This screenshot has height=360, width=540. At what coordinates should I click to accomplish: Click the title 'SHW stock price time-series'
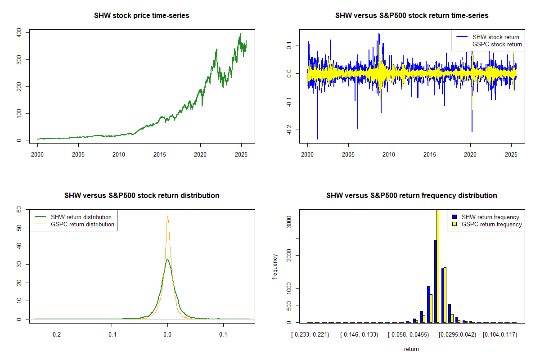142,16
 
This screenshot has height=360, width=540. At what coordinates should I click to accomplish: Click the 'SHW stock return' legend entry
495,37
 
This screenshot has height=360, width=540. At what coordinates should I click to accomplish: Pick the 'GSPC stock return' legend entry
497,44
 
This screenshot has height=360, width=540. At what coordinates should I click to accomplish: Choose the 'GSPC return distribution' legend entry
82,224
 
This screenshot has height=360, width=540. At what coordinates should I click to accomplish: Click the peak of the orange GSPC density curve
167,216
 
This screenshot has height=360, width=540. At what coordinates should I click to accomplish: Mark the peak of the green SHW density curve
167,259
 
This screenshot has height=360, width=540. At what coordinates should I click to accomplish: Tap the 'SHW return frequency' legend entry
490,217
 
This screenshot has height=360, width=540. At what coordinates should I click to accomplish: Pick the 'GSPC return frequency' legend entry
491,224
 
